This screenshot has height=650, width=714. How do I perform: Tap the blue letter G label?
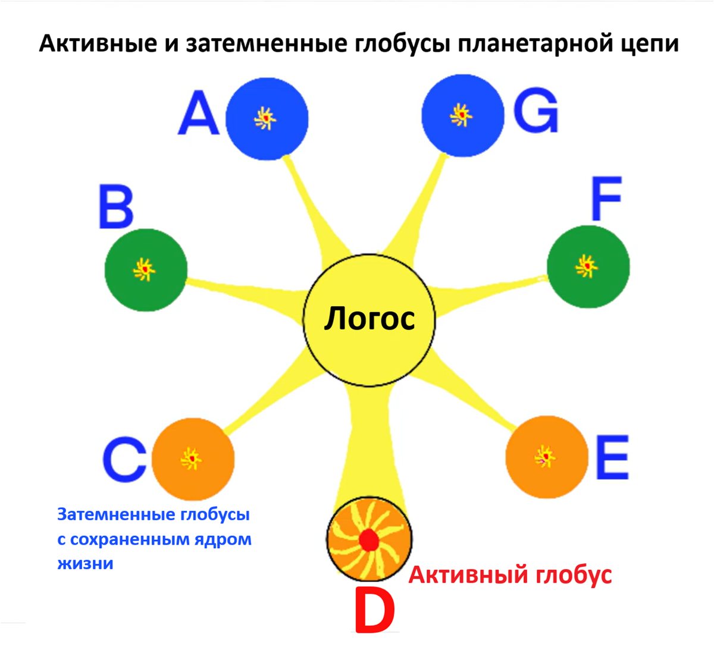click(x=536, y=111)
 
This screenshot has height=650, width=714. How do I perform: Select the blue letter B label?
click(x=116, y=208)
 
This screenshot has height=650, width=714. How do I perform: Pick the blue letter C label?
click(x=124, y=460)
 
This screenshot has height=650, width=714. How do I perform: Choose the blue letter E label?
click(x=612, y=457)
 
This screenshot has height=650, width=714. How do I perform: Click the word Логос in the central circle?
click(x=369, y=319)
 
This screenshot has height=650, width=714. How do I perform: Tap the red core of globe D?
click(x=369, y=540)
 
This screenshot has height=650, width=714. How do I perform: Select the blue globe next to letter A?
click(x=267, y=118)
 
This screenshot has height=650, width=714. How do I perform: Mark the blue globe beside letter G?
click(x=462, y=114)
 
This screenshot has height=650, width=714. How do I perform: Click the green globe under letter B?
click(x=146, y=270)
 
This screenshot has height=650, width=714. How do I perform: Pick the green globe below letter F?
click(x=588, y=266)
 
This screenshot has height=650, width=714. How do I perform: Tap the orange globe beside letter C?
click(x=193, y=459)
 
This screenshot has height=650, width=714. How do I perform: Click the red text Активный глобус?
click(x=510, y=575)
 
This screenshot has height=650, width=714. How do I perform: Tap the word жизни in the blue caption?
click(x=85, y=563)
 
